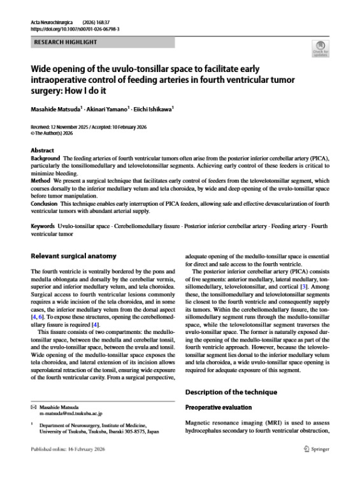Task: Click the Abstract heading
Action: (x=43, y=150)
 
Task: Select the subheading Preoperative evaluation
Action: (x=217, y=406)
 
